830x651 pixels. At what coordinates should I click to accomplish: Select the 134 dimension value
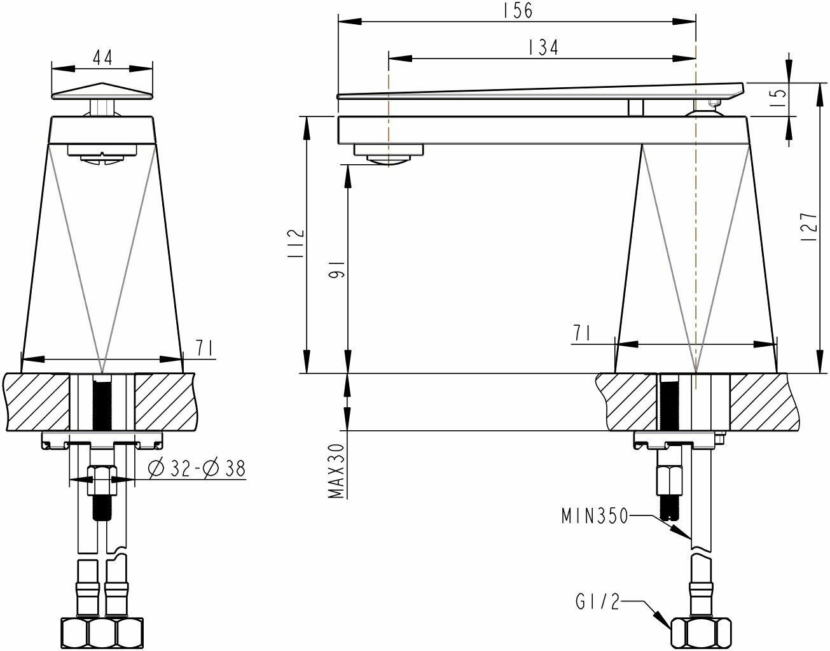[x=543, y=48]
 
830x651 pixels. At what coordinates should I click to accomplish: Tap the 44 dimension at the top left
[x=102, y=57]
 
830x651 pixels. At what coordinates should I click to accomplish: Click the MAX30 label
[x=337, y=471]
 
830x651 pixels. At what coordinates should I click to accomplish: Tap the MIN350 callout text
[x=595, y=515]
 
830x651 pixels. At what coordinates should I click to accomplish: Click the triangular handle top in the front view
[x=102, y=91]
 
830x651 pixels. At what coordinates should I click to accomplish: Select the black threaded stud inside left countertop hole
[x=101, y=404]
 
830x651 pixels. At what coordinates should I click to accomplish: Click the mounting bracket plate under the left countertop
[x=102, y=438]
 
